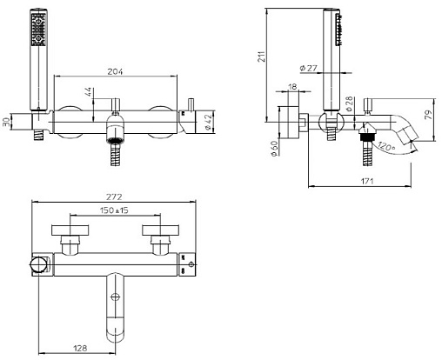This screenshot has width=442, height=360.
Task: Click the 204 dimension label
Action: point(115,71)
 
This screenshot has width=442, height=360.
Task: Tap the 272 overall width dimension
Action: point(114,197)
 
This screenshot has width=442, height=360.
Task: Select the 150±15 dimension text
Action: point(114,210)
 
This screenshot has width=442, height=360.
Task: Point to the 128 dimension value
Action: point(80,348)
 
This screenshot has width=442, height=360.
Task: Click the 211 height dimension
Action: point(262,57)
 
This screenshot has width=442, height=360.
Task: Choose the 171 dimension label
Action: point(367,181)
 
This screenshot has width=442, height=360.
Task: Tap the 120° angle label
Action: point(386,145)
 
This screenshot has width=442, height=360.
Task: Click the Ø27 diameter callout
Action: point(309,68)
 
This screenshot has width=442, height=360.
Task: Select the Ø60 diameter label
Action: point(274,149)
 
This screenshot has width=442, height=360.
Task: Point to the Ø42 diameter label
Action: point(208,123)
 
